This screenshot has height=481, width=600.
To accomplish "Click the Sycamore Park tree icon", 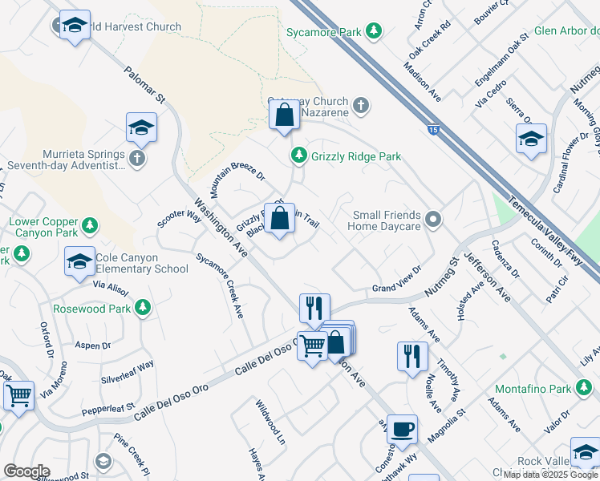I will click(x=373, y=30).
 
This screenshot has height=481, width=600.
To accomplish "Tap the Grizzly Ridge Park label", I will click(x=356, y=157).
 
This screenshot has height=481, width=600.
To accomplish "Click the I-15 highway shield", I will click(x=433, y=131).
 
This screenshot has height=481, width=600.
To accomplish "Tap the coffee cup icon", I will click(x=402, y=427).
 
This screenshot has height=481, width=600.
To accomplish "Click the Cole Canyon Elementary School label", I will click(x=143, y=263).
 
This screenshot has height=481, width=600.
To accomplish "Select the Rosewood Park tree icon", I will click(x=142, y=307).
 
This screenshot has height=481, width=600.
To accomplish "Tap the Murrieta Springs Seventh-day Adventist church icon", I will click(x=137, y=157).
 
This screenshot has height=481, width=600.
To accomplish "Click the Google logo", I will click(x=26, y=471).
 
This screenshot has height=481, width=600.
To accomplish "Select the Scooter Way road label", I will click(x=179, y=219).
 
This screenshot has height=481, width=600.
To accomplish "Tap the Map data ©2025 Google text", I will click(x=550, y=475).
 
